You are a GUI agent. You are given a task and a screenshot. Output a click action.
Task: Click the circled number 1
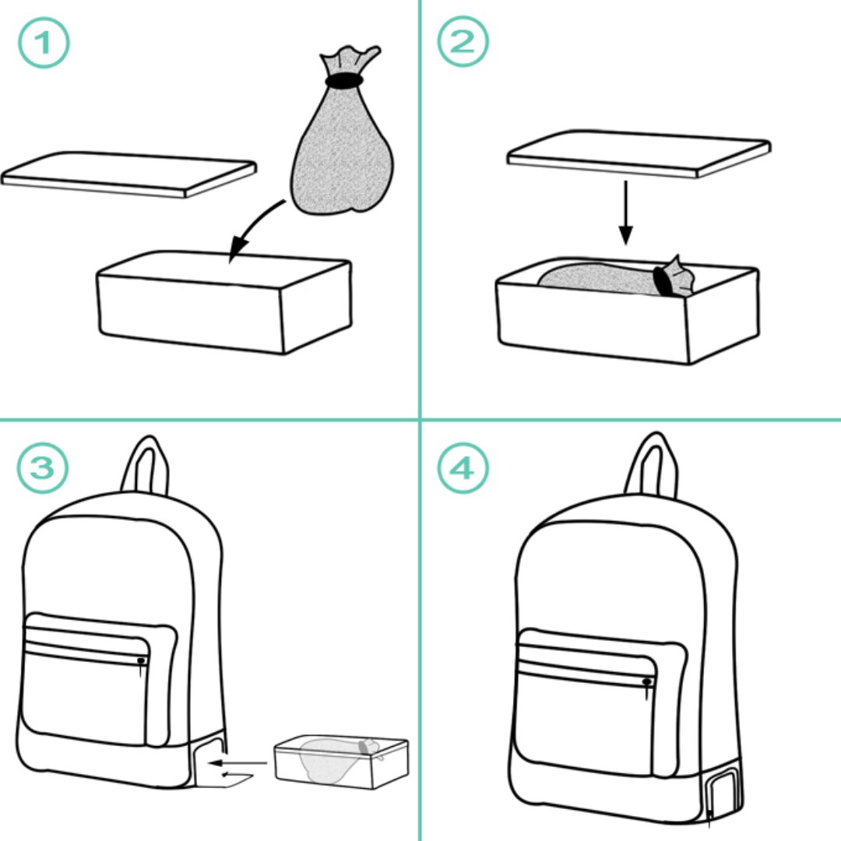pyautogui.click(x=44, y=42)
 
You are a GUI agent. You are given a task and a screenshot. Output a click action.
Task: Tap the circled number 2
pyautogui.click(x=463, y=41)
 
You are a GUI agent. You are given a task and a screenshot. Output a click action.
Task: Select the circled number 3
pyautogui.click(x=43, y=467)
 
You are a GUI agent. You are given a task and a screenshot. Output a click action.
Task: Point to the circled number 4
pyautogui.click(x=463, y=468)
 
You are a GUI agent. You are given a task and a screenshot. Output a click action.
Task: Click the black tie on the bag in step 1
pyautogui.click(x=344, y=81)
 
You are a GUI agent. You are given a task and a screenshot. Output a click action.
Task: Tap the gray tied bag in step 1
pyautogui.click(x=342, y=134)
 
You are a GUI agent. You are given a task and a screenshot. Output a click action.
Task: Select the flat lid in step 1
pyautogui.click(x=128, y=174)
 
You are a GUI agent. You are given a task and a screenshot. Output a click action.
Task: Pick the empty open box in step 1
pyautogui.click(x=224, y=301)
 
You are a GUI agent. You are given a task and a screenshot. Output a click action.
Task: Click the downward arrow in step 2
pyautogui.click(x=625, y=213)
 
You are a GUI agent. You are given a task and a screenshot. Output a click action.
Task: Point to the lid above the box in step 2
pyautogui.click(x=639, y=153)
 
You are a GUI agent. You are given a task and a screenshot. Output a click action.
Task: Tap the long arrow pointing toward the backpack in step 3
pyautogui.click(x=238, y=762)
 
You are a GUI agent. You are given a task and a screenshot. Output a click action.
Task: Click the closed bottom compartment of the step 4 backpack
pyautogui.click(x=724, y=792)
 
